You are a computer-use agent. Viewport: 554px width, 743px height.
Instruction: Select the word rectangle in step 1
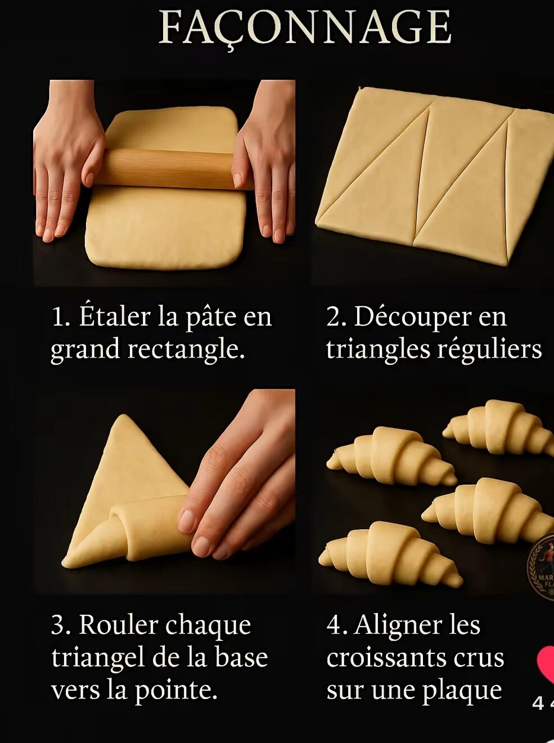[186, 350]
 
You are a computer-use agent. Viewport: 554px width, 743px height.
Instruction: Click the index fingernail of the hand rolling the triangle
[186, 521]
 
